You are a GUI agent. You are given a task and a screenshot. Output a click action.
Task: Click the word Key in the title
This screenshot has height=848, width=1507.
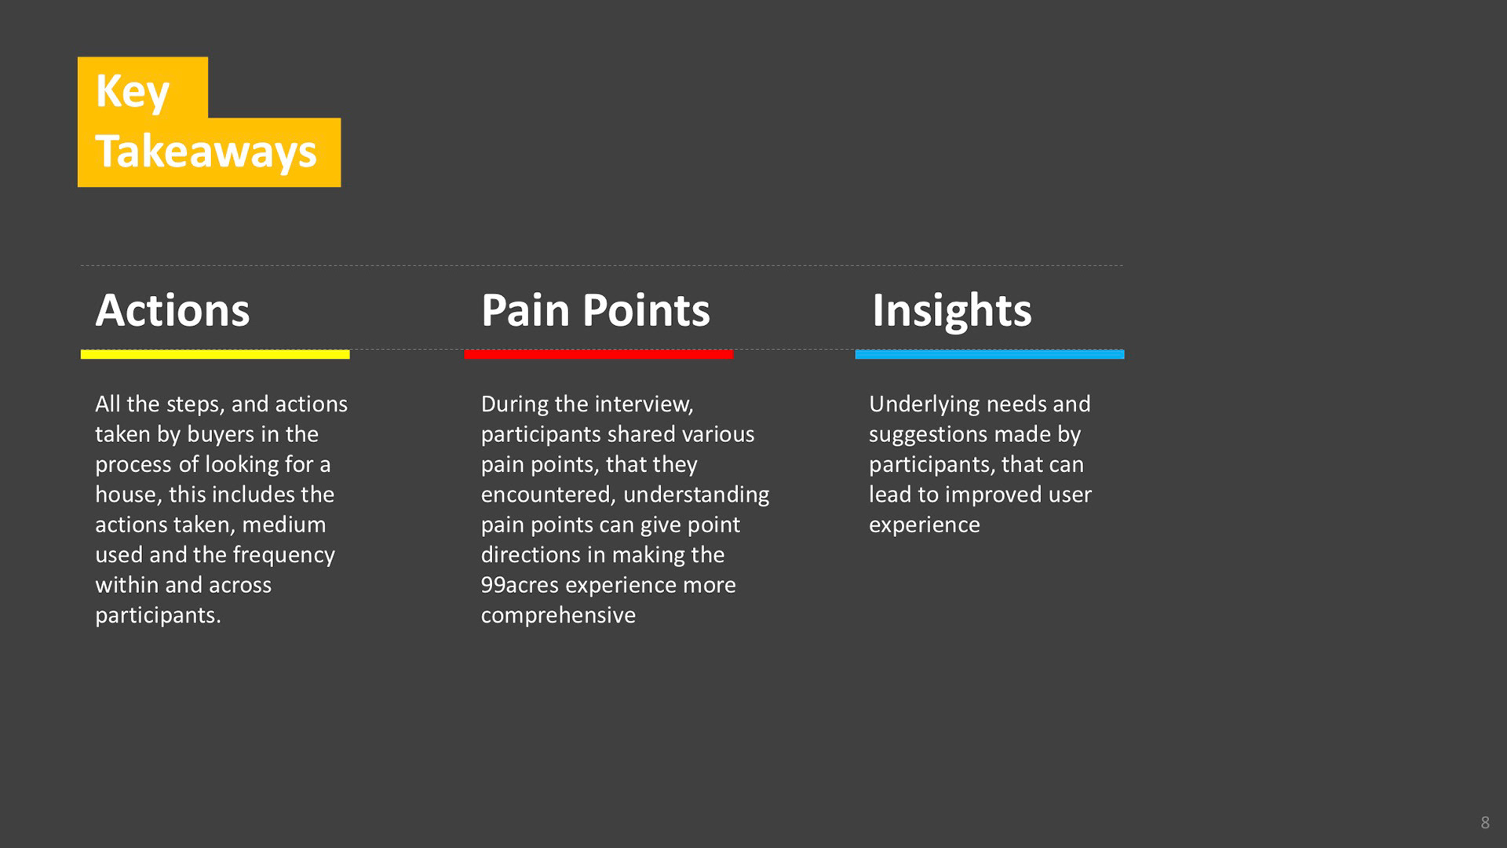(x=132, y=92)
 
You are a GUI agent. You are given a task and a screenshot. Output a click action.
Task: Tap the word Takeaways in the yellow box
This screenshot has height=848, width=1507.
(x=206, y=152)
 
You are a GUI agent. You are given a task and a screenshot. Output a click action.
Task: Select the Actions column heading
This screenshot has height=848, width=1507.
(x=173, y=310)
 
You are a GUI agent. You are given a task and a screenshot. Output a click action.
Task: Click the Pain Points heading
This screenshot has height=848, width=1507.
(x=596, y=310)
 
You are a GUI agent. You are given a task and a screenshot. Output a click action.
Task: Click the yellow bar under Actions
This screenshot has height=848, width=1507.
(x=215, y=355)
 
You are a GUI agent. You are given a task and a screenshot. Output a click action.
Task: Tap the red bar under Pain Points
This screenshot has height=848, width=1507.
(x=599, y=355)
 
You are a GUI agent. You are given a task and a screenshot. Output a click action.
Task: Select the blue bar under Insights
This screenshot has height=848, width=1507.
(x=990, y=355)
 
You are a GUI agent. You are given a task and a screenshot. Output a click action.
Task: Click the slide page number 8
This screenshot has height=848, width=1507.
(x=1485, y=823)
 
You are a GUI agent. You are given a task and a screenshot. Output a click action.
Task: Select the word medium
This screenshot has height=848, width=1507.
(x=284, y=525)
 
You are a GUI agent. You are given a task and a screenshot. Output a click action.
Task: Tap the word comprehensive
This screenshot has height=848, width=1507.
(x=558, y=616)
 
